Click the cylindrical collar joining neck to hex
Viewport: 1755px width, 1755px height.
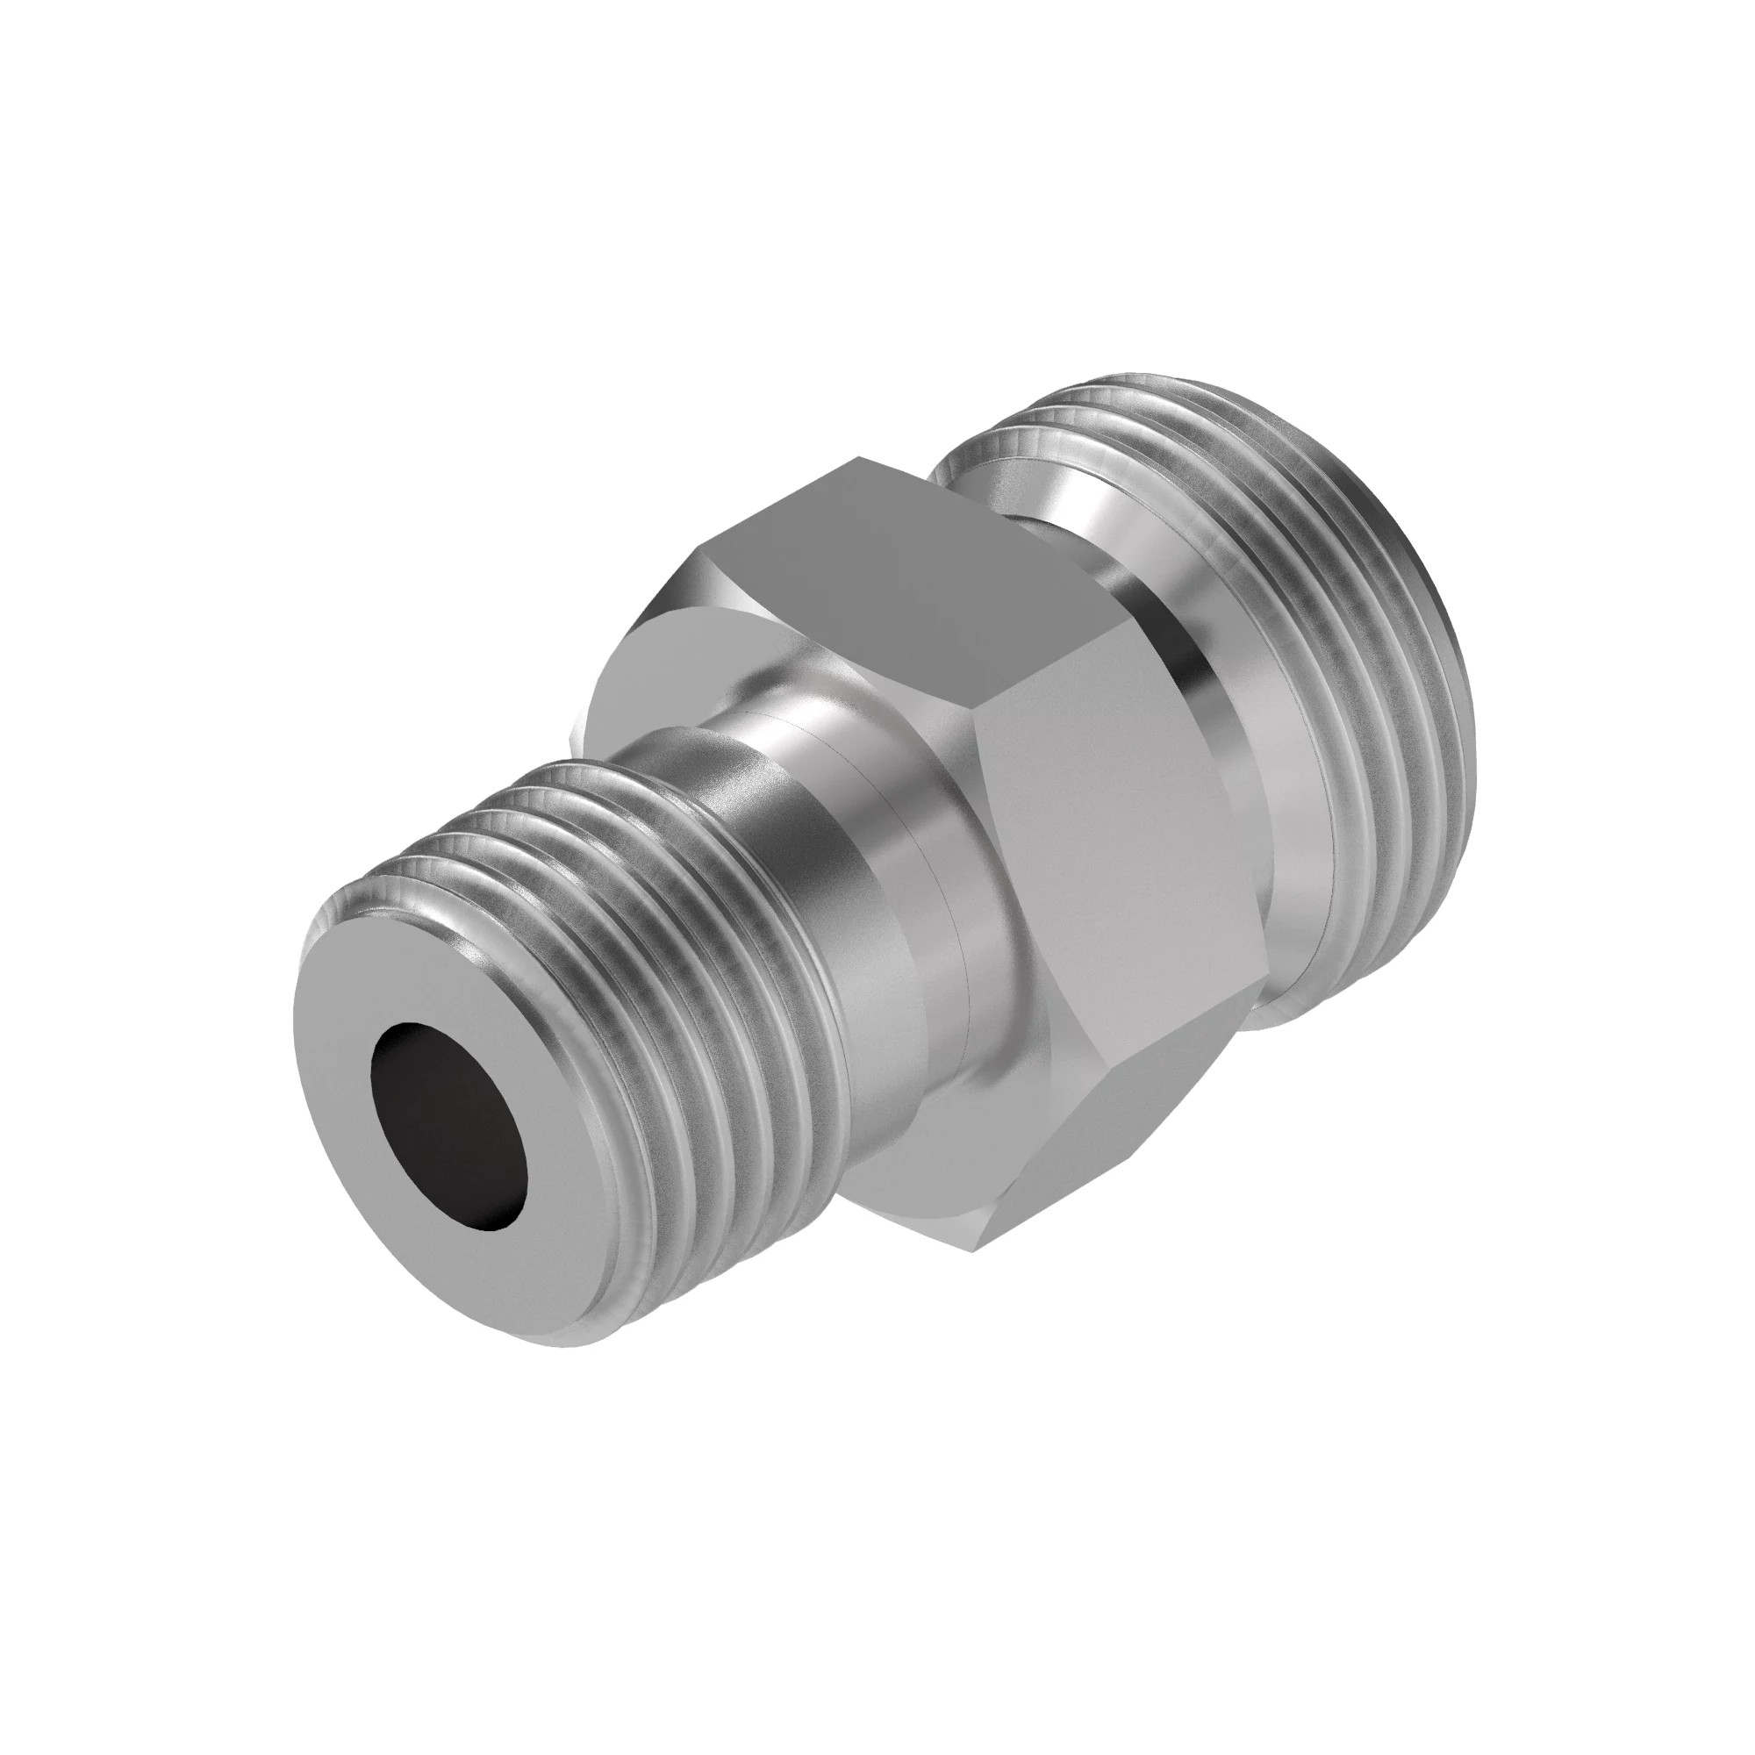click(908, 908)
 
